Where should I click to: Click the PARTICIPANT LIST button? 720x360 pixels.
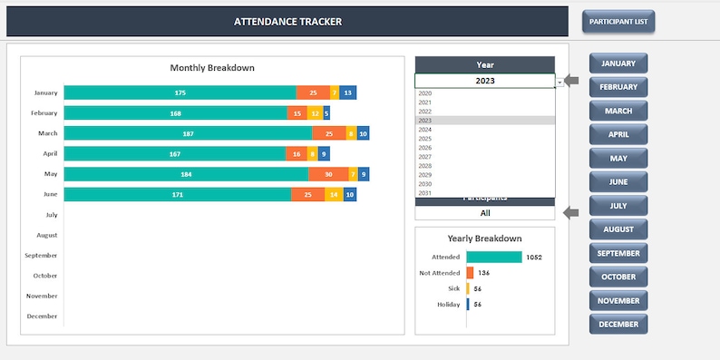point(618,22)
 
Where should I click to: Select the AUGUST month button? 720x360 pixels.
point(618,229)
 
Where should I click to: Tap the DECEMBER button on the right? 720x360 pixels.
point(618,324)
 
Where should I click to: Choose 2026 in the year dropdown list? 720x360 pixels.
point(425,148)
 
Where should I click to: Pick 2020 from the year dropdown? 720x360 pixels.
point(425,93)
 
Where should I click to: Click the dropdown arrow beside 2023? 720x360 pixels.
point(560,82)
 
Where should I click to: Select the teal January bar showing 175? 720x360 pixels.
point(180,92)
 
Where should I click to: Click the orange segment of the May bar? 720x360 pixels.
point(326,174)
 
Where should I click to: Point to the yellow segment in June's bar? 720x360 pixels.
point(333,194)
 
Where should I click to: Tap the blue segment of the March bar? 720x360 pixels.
point(363,133)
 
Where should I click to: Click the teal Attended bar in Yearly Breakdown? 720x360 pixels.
point(494,257)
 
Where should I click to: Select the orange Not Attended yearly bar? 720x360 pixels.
point(470,272)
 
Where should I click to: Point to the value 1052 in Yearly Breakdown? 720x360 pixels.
point(534,258)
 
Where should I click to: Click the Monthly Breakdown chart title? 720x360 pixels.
point(212,68)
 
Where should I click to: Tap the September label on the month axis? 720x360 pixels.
point(42,256)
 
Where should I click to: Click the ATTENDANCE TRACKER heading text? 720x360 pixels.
point(288,22)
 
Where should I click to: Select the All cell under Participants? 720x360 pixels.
point(485,213)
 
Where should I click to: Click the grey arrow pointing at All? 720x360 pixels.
point(571,213)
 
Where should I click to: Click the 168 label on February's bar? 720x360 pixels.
point(175,113)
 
